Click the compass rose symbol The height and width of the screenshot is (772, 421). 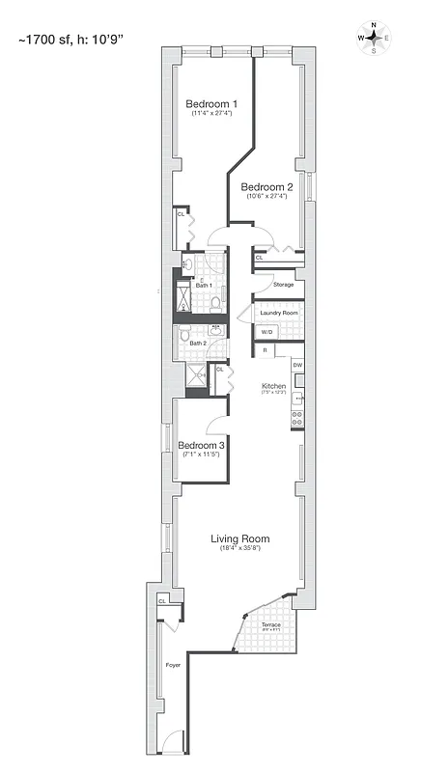[x=374, y=38]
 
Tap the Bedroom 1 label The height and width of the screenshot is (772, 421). [x=210, y=103]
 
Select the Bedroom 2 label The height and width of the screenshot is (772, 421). [x=267, y=186]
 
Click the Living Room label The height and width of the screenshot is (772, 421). [x=240, y=538]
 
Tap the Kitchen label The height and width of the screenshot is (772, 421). [x=273, y=385]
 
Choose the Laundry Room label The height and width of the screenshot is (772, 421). [x=277, y=313]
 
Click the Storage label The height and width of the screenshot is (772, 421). [x=283, y=285]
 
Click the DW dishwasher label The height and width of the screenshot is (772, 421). [x=297, y=365]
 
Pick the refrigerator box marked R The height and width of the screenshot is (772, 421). [x=264, y=351]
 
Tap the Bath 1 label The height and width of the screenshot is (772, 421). [x=203, y=285]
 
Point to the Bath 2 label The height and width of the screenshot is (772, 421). [x=197, y=343]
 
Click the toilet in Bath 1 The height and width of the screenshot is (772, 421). [x=215, y=303]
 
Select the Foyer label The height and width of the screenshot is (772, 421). [x=173, y=665]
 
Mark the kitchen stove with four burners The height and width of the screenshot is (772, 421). [x=297, y=418]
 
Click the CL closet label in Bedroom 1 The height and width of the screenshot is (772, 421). [x=181, y=214]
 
